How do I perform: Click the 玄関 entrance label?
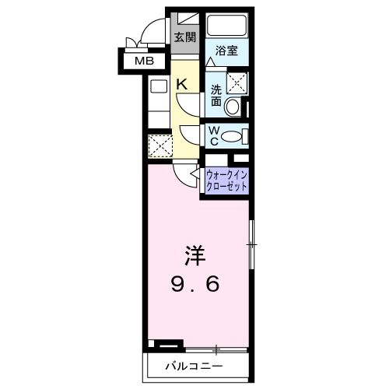pyautogui.click(x=184, y=37)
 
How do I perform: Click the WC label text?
pyautogui.click(x=212, y=136)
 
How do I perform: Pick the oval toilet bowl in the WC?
pyautogui.click(x=233, y=137)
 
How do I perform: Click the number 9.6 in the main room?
pyautogui.click(x=195, y=284)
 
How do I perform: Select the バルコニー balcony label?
pyautogui.click(x=194, y=365)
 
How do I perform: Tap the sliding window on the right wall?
pyautogui.click(x=251, y=245)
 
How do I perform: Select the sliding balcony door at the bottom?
pyautogui.click(x=218, y=347)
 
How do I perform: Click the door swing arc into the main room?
pyautogui.click(x=184, y=176)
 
